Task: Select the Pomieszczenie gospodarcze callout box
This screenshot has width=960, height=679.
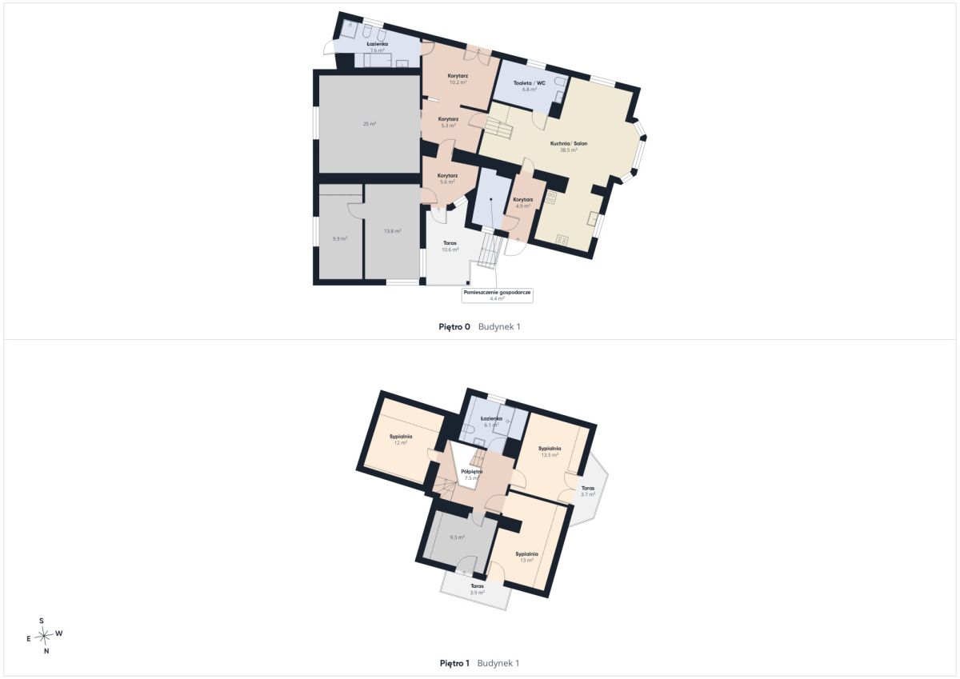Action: pos(497,295)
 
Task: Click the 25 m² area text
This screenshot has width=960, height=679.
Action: pos(370,124)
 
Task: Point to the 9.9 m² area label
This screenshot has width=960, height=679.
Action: pos(340,239)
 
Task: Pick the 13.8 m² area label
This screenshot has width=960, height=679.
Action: pos(392,231)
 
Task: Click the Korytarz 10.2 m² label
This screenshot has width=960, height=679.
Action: pos(458,79)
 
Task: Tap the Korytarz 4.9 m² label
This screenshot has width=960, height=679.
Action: pos(523,202)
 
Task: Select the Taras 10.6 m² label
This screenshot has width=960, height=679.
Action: pos(450,246)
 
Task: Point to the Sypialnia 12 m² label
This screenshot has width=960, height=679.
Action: pos(401,440)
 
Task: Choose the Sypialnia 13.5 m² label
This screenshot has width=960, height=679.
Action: pos(550,452)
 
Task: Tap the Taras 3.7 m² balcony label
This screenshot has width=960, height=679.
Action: pos(588,491)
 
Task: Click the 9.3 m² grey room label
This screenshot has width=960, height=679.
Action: pos(457,537)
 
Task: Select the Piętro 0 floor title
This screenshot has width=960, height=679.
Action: pos(454,327)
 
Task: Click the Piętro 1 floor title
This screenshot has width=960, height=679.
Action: pos(454,664)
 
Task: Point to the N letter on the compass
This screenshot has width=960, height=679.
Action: pos(46,651)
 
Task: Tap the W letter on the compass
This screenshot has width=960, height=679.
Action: pos(59,633)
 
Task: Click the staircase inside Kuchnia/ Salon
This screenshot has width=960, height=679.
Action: pos(499,128)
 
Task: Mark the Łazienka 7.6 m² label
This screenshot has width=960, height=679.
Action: pos(378,47)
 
